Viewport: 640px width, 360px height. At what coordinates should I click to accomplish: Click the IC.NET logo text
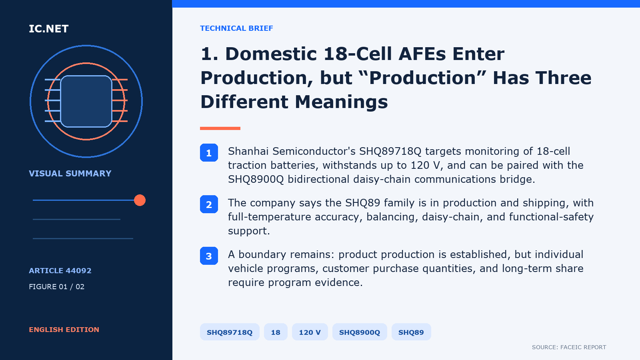pos(48,28)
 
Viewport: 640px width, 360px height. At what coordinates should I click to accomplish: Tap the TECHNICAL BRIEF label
pos(236,28)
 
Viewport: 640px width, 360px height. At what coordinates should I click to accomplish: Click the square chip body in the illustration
pos(86,101)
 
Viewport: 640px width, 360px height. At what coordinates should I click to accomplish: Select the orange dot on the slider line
pos(140,200)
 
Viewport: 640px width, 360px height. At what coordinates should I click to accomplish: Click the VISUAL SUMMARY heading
pos(70,174)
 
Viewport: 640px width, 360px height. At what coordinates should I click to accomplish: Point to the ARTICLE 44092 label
pos(60,270)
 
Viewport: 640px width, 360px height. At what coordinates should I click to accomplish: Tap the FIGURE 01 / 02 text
pos(56,286)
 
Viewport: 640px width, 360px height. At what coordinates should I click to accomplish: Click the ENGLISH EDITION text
pos(64,330)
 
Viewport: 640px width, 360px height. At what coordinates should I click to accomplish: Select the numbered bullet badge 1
pos(209,152)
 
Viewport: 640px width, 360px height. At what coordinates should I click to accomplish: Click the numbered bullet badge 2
pos(209,204)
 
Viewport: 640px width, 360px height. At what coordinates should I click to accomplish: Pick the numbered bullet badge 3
pos(209,256)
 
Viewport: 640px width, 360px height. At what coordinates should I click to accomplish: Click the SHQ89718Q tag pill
pos(230,332)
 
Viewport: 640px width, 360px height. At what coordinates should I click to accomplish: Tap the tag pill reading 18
pos(276,332)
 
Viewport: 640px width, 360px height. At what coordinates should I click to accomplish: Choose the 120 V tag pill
pos(310,332)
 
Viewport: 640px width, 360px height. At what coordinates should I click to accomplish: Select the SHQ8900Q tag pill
pos(360,332)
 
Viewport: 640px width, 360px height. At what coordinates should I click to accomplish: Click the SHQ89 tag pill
pos(411,332)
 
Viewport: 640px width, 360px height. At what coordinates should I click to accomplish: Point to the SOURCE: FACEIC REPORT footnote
pos(569,347)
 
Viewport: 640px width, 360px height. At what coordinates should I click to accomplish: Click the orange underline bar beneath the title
pos(220,128)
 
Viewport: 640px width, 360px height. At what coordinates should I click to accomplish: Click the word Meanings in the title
pos(341,102)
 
